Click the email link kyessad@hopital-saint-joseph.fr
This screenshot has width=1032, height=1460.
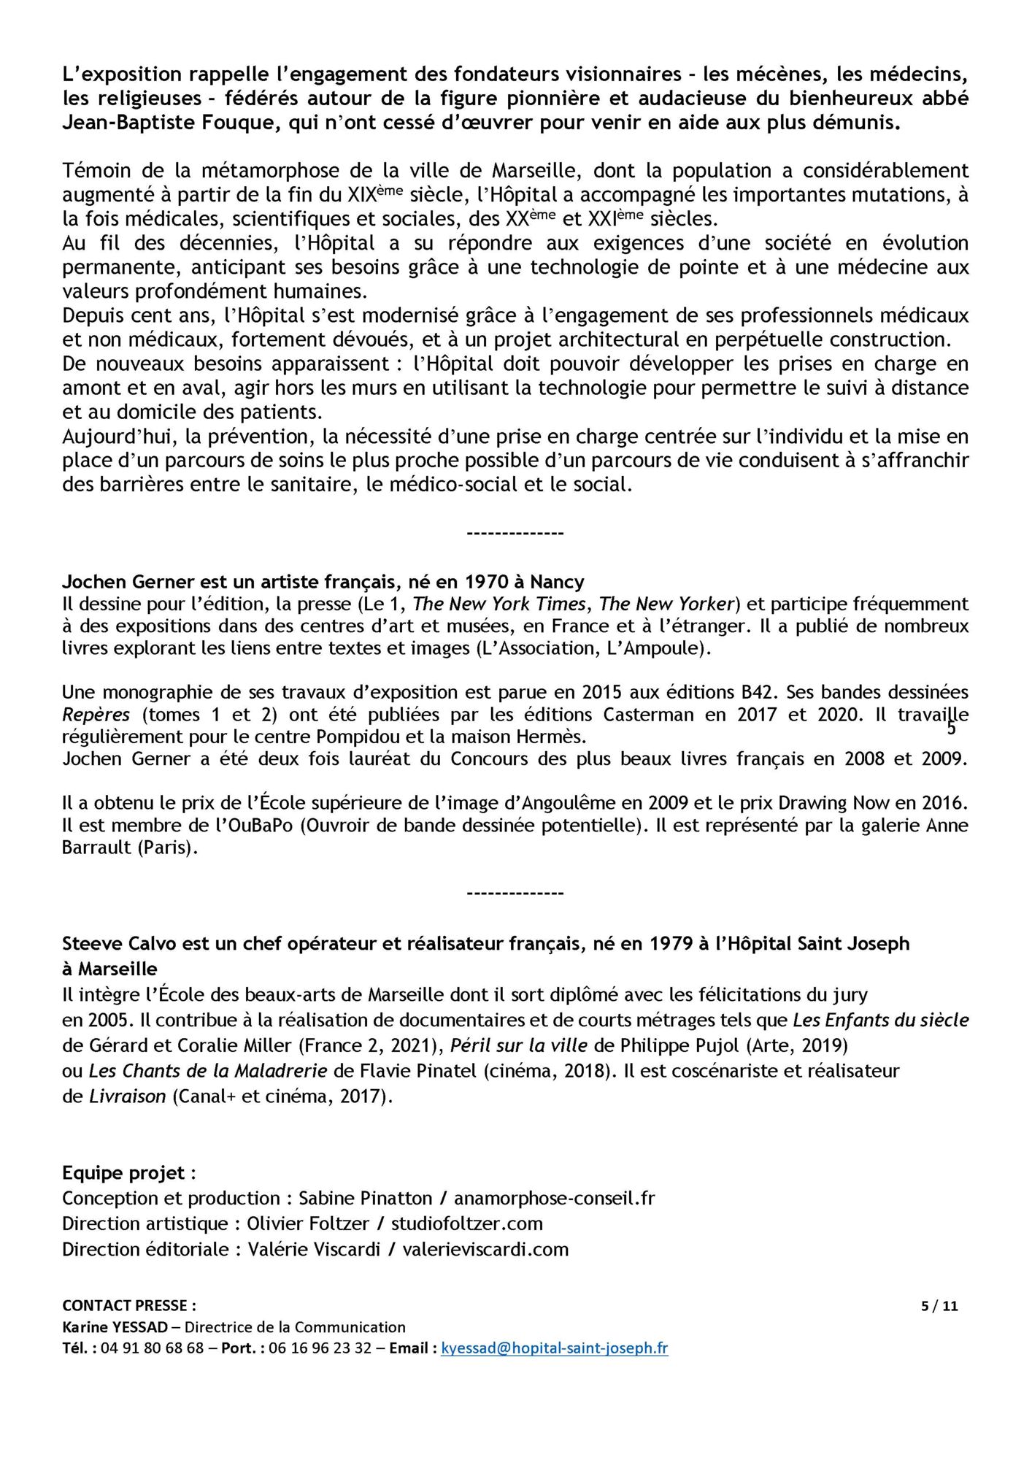click(554, 1348)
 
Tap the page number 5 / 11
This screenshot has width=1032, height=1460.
click(939, 1306)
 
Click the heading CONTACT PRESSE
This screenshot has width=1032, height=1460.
click(129, 1305)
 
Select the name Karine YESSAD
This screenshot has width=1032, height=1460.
click(115, 1327)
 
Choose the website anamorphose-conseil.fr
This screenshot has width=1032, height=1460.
click(554, 1198)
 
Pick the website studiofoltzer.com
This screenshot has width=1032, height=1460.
click(467, 1223)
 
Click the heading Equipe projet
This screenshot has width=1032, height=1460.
click(128, 1173)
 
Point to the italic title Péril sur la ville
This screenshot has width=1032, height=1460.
click(519, 1045)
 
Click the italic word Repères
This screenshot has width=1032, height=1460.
click(96, 714)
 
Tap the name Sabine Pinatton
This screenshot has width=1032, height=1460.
click(366, 1198)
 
